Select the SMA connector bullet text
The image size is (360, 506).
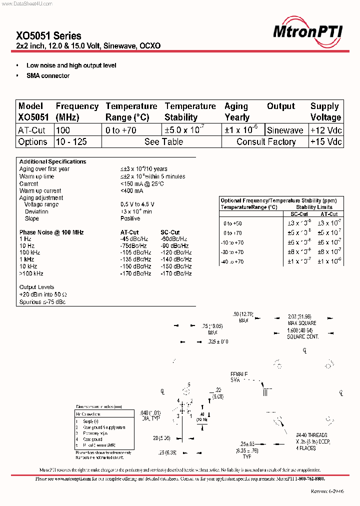[x=48, y=75]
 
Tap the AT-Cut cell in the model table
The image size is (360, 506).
[x=32, y=130]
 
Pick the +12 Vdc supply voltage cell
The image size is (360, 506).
[x=325, y=130]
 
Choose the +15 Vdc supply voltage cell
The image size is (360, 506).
[x=325, y=141]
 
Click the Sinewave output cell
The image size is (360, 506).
[x=285, y=130]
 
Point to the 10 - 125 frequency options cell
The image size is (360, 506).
[x=71, y=141]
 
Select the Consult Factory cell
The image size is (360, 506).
[x=266, y=141]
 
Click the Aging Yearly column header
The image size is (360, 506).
[x=237, y=111]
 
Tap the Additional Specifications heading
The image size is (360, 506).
[x=52, y=161]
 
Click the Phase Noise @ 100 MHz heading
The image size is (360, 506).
[x=51, y=232]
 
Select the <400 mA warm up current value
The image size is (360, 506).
[x=131, y=190]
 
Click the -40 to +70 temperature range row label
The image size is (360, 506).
[x=232, y=261]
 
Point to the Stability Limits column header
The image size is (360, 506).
[x=314, y=207]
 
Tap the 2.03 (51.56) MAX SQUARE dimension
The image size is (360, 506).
[x=301, y=320]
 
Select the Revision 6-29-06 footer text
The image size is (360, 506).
[x=327, y=491]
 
